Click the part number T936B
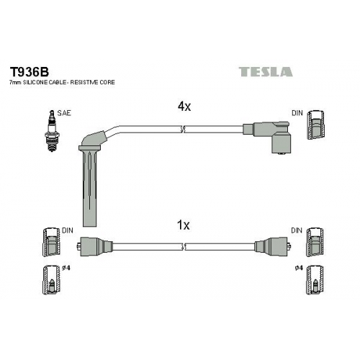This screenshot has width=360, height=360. (x=29, y=71)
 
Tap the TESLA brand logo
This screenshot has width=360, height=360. (x=266, y=72)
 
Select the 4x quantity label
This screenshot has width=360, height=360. (x=184, y=106)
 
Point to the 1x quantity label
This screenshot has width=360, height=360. (x=183, y=225)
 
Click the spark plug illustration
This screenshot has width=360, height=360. (x=52, y=131)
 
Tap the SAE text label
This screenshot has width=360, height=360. (x=64, y=113)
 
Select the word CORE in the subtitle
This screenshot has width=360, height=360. (x=107, y=82)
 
